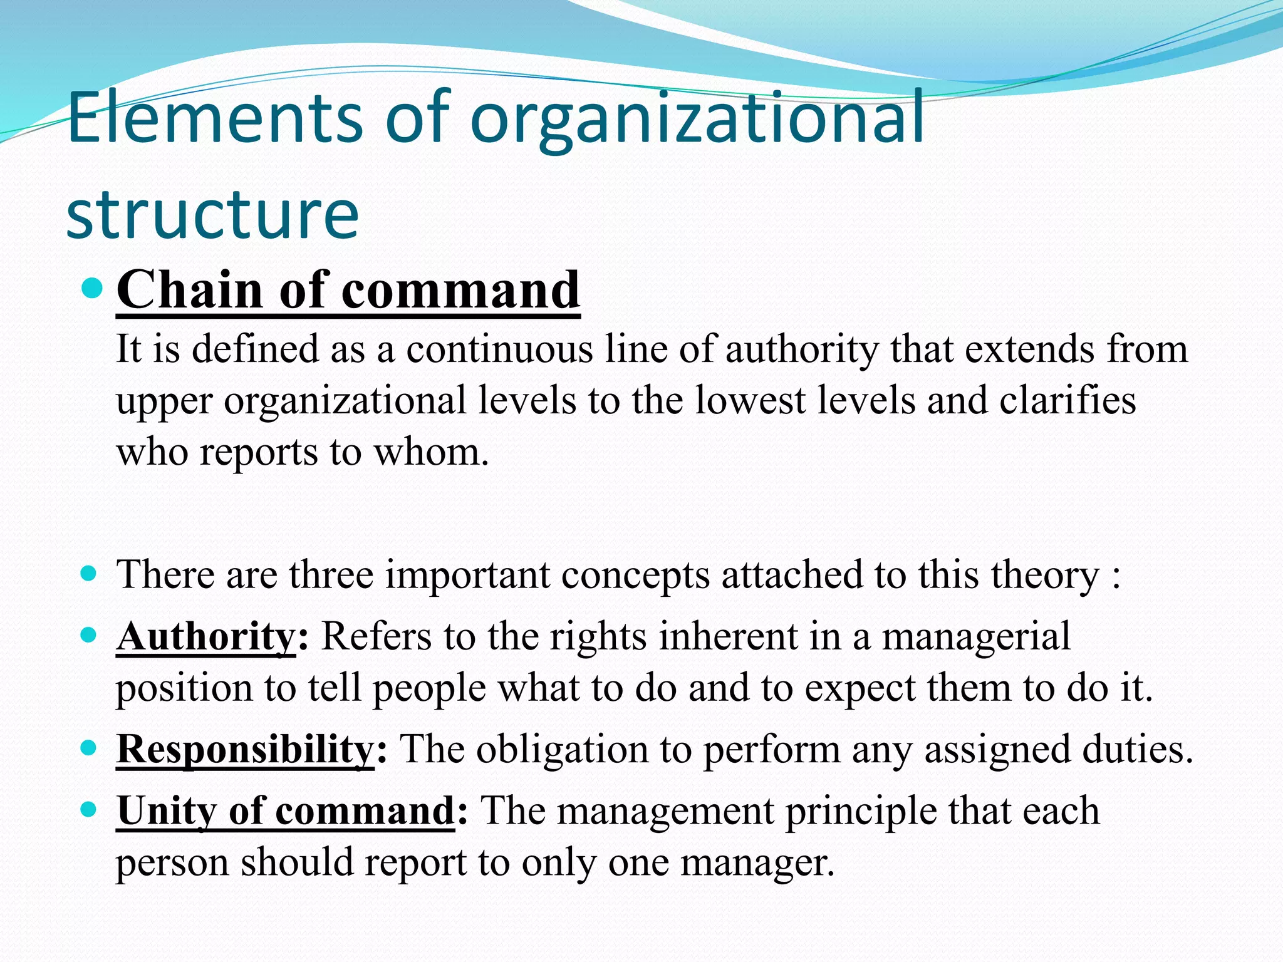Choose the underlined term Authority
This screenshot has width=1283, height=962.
[x=206, y=636]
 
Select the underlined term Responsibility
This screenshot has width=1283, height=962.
[x=245, y=749]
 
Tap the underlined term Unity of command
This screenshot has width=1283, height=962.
[x=286, y=810]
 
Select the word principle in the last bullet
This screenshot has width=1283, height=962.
[x=861, y=812]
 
